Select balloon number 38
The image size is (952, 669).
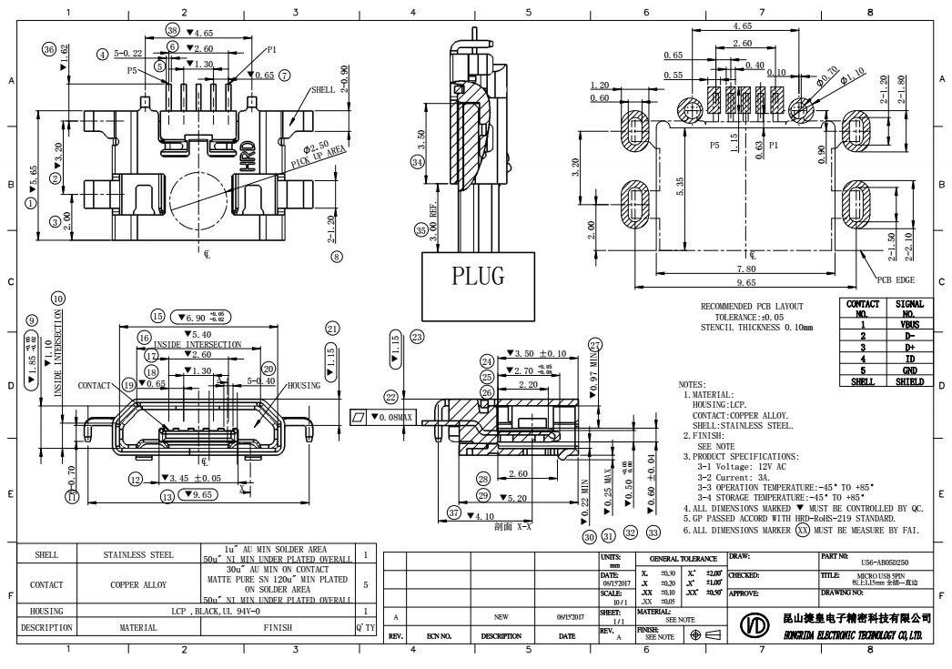(173, 31)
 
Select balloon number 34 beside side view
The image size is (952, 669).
(418, 162)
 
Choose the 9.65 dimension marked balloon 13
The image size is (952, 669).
(204, 495)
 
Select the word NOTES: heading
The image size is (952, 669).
(698, 386)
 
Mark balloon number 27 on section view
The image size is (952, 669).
(595, 345)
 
